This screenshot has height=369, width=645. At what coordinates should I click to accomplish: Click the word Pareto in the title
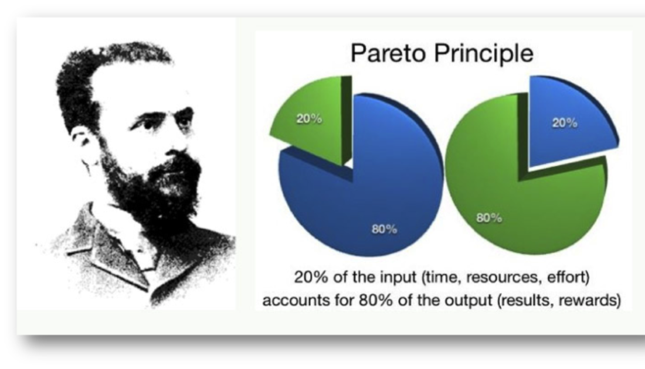point(388,53)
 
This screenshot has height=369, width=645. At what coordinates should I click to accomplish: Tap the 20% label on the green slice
point(309,119)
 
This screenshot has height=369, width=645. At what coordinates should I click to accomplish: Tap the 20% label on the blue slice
point(564,122)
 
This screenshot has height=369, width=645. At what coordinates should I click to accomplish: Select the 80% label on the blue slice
point(384,229)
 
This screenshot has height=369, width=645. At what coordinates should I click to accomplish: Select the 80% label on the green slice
point(488,217)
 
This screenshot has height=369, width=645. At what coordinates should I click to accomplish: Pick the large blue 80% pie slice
point(370,197)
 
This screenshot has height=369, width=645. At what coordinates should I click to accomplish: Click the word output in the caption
point(473,301)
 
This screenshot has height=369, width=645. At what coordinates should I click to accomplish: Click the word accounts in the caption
point(290,301)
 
